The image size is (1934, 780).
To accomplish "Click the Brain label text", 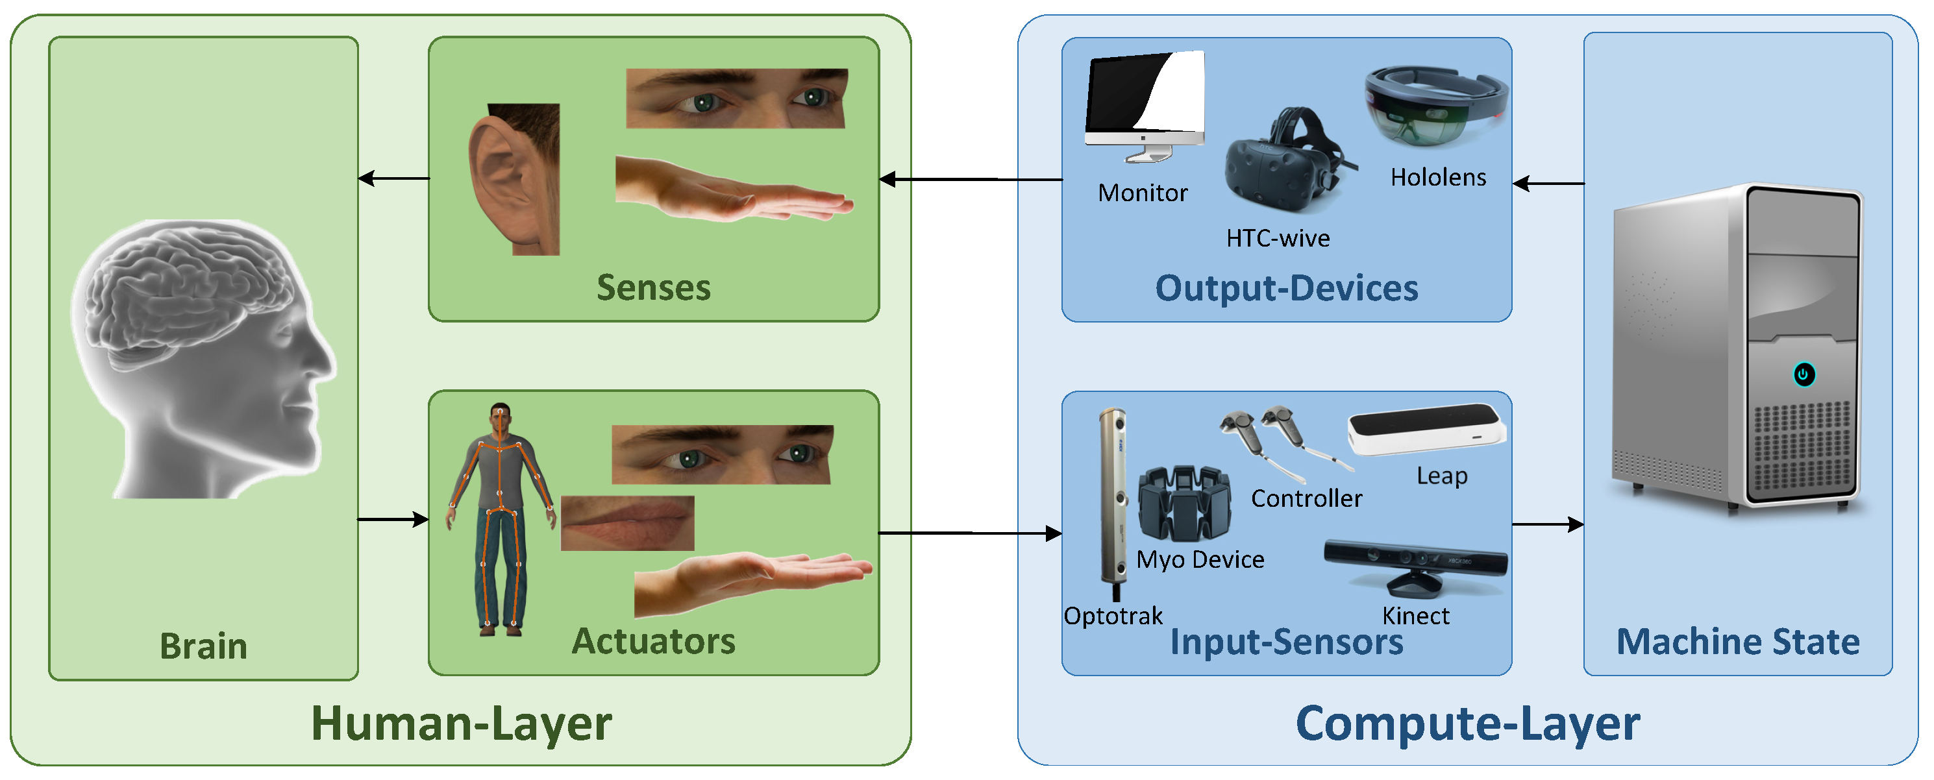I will tap(203, 646).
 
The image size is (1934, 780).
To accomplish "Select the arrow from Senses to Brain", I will tap(393, 178).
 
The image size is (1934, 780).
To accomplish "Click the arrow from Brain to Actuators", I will tap(393, 518).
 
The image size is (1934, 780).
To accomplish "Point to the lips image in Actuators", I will tap(627, 523).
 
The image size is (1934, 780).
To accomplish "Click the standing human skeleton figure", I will tap(501, 518).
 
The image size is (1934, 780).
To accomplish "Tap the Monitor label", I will tap(1142, 193).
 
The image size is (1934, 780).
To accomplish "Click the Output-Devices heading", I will tap(1286, 289).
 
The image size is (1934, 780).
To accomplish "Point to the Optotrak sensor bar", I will tap(1113, 496).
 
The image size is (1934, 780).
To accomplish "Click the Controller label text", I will tap(1306, 498).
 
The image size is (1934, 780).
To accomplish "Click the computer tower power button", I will tap(1804, 374).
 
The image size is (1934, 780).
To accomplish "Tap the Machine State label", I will tap(1737, 642).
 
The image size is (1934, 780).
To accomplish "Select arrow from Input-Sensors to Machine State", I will tap(1547, 525).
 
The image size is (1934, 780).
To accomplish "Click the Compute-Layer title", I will tap(1467, 724).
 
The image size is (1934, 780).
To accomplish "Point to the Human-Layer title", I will tap(461, 724).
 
